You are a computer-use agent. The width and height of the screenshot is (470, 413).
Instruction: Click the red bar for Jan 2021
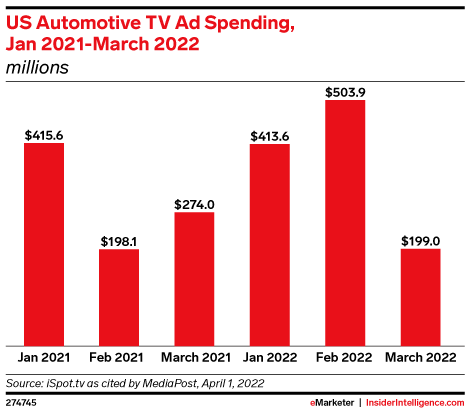44,244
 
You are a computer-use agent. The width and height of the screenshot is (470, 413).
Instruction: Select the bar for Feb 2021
119,297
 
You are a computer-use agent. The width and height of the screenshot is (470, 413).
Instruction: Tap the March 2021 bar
194,278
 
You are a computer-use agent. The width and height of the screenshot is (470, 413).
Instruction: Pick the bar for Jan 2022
269,244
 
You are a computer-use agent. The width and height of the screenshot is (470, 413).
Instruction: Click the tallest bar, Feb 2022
344,222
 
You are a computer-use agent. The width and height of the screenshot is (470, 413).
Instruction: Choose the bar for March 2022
419,297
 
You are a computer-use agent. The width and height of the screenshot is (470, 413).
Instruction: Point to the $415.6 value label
44,133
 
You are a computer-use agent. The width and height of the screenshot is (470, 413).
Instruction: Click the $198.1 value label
119,240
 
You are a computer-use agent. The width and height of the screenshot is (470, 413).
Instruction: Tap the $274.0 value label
194,203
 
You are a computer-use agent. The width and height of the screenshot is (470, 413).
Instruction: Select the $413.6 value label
269,134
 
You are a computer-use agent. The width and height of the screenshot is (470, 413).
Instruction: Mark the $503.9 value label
344,90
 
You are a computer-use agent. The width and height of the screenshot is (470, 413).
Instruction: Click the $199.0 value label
419,240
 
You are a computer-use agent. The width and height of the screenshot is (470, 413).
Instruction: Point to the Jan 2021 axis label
44,357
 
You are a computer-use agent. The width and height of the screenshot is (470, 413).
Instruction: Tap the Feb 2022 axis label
344,357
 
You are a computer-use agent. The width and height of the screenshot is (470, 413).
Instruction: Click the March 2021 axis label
194,357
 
